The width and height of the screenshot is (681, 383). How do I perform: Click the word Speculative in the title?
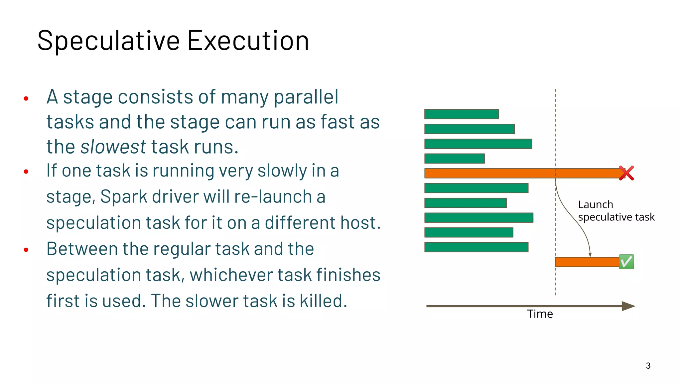coord(108,41)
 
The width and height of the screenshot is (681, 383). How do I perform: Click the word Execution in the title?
coord(248,41)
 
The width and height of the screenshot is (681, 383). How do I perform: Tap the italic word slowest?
coord(113,147)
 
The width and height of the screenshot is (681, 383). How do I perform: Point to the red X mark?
coord(626,173)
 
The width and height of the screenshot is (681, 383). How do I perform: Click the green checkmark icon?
coord(626,262)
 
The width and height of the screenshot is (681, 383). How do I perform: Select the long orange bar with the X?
coord(522,173)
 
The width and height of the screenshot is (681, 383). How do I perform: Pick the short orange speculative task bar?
coord(587,262)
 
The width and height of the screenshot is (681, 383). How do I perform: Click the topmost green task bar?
coord(462,114)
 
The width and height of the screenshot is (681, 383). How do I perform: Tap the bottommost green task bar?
coord(476,247)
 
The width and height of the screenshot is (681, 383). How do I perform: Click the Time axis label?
coord(540,314)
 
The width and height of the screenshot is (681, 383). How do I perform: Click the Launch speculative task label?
coord(616,211)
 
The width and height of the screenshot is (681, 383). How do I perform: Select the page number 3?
coord(648,366)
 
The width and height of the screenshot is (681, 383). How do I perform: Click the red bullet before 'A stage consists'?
coord(26,98)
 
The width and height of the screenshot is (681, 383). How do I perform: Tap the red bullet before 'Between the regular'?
coord(26,250)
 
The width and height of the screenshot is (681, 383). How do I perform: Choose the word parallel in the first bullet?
coord(306,97)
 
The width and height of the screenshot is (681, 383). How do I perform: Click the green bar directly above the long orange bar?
coord(454,159)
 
